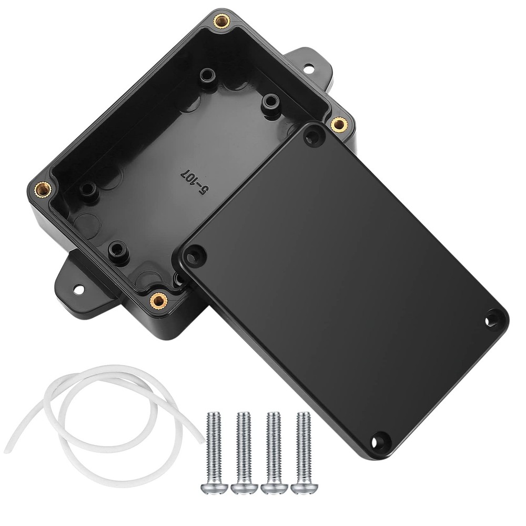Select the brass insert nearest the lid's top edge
339,124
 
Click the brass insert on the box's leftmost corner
42,188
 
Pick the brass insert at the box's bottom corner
157,300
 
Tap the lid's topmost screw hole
314,137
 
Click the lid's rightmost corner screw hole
493,318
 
